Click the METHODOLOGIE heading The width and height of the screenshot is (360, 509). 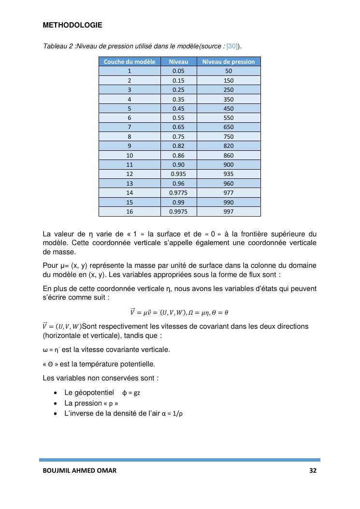(x=72, y=25)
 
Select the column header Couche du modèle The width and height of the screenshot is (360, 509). (x=130, y=61)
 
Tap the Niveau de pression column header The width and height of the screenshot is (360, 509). (x=228, y=61)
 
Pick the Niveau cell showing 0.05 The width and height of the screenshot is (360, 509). (x=178, y=71)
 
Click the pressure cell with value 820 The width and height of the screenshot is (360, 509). (x=229, y=146)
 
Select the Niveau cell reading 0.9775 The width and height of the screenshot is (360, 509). (x=178, y=192)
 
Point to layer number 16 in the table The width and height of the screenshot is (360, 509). (x=130, y=211)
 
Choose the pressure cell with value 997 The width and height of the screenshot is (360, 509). (x=229, y=211)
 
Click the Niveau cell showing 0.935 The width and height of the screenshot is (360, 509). (x=178, y=174)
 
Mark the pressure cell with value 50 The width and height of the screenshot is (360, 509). (x=229, y=71)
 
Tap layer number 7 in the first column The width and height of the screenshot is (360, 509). (x=130, y=127)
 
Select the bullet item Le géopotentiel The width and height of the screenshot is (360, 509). (x=89, y=393)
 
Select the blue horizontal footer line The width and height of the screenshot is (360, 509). (x=179, y=460)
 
